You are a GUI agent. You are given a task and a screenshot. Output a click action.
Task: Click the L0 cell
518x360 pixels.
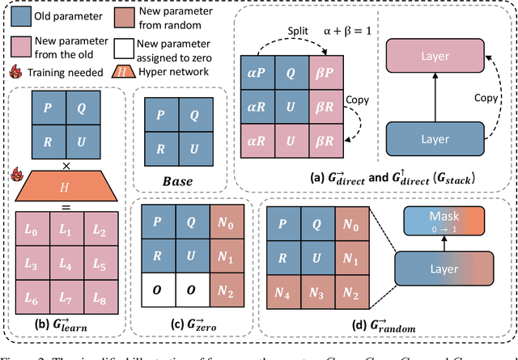30,231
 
